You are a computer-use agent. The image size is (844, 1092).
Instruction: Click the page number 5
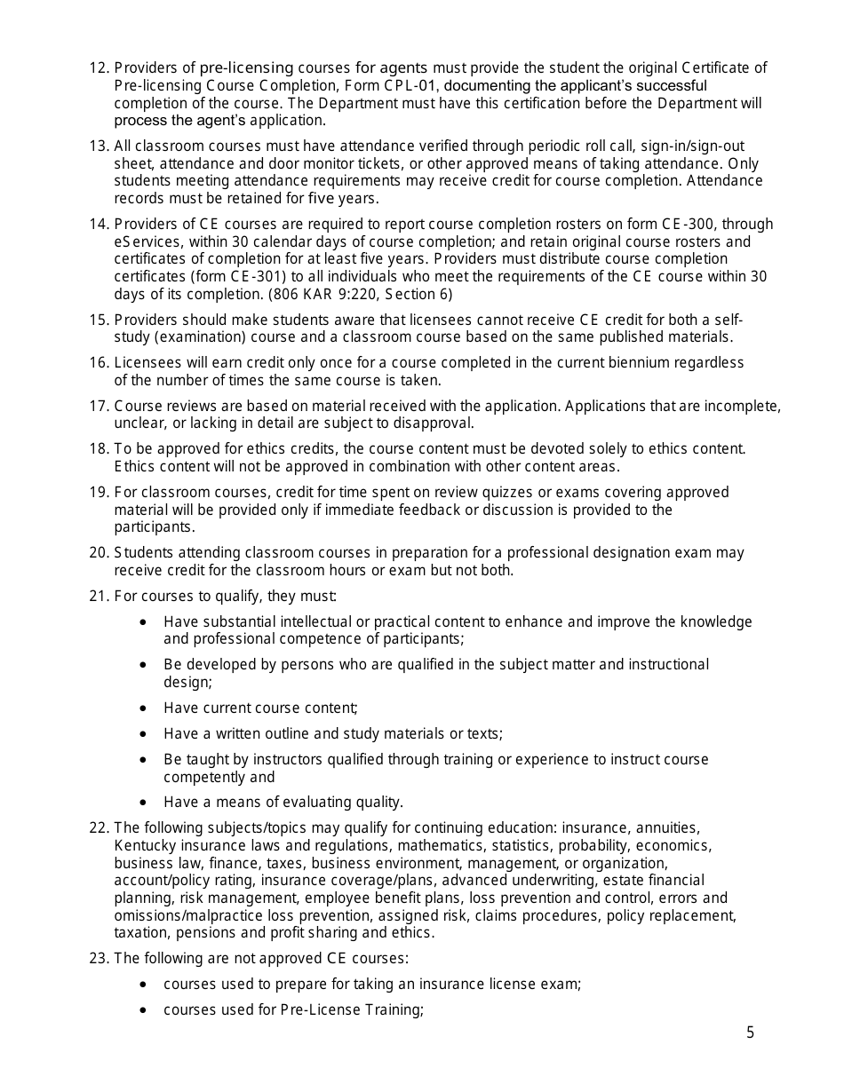coord(750,1033)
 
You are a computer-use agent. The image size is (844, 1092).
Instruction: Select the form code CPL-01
coord(410,86)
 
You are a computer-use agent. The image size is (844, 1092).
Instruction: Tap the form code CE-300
coord(685,225)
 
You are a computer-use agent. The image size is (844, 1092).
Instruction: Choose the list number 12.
coord(99,68)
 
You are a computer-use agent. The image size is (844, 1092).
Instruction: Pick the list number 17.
coord(99,407)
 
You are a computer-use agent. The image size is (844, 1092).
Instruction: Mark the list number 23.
coord(99,959)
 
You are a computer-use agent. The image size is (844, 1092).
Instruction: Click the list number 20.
coord(99,553)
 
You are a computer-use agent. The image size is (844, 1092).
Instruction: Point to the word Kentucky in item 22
coord(143,846)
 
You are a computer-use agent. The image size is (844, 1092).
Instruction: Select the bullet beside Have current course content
coord(145,708)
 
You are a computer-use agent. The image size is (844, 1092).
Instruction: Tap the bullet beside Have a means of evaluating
coord(145,803)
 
